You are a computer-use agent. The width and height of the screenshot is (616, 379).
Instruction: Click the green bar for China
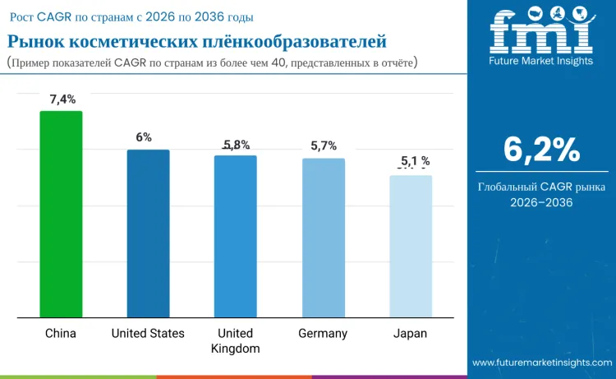[61, 214]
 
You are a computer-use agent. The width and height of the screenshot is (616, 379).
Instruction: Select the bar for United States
[148, 233]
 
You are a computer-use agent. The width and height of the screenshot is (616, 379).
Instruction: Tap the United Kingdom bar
[235, 236]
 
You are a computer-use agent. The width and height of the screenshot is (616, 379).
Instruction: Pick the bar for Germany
[323, 238]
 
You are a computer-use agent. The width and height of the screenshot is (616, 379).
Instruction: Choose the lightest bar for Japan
[410, 246]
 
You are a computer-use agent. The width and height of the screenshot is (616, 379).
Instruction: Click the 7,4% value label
[62, 99]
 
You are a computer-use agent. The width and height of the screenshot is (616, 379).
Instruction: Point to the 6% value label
[144, 137]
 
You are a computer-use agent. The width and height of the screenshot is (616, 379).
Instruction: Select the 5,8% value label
[237, 145]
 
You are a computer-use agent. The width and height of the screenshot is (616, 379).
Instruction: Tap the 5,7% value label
[324, 146]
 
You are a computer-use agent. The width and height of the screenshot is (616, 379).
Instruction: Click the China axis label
[61, 333]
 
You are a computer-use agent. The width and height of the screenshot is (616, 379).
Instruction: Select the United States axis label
[148, 333]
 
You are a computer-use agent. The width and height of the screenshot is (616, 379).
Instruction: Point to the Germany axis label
[323, 333]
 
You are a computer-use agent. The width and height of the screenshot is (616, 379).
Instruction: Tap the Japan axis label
[410, 333]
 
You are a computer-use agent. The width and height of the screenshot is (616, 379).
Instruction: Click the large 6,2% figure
[541, 150]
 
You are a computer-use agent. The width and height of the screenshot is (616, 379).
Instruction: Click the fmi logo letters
[540, 34]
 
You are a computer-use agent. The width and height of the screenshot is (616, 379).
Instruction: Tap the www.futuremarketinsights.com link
[541, 363]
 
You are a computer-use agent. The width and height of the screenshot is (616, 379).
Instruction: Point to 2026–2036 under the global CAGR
[541, 201]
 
